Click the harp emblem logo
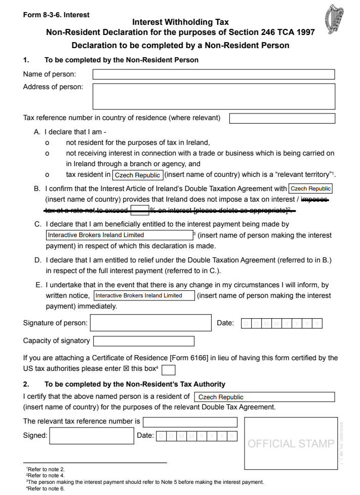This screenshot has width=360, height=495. click(335, 20)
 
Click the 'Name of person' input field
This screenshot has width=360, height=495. click(213, 74)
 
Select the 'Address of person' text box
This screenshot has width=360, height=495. click(213, 96)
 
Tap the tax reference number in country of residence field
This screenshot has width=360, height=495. click(282, 119)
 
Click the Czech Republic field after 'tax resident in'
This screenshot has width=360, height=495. click(137, 175)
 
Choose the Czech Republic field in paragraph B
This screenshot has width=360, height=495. click(310, 188)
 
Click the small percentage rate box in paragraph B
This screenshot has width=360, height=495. click(139, 210)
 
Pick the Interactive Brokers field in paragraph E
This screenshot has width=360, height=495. click(144, 295)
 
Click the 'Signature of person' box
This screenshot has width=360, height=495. click(150, 323)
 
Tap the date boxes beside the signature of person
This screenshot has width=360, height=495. click(282, 323)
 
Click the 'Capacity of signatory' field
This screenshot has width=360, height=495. click(144, 341)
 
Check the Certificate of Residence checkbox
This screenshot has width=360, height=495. click(169, 370)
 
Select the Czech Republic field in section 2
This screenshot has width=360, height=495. click(264, 397)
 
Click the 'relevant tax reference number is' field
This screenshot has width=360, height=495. click(190, 422)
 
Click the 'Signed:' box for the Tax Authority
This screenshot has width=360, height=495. click(91, 436)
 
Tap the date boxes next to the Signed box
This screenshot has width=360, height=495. click(196, 436)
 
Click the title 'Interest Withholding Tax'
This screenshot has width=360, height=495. click(180, 22)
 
